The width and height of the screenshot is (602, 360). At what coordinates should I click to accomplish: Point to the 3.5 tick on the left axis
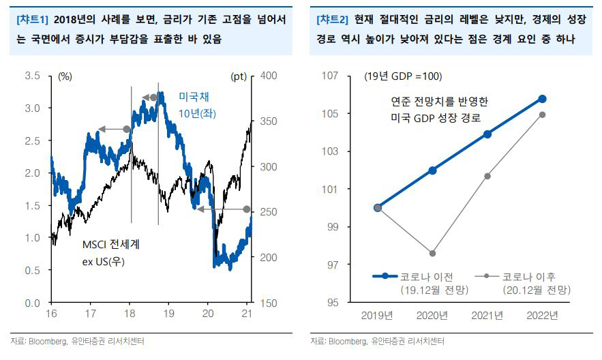32,76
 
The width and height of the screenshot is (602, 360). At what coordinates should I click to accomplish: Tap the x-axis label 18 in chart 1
130,314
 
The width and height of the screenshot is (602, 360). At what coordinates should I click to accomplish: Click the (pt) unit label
239,76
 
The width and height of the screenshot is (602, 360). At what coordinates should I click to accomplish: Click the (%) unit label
65,76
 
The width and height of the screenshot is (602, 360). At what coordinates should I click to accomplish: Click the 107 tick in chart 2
330,76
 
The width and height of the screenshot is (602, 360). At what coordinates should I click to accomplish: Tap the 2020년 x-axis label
433,315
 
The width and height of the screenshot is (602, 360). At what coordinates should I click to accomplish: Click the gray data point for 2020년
433,254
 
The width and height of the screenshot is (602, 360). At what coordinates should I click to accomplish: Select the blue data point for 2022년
543,99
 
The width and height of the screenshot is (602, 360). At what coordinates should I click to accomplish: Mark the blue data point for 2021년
487,134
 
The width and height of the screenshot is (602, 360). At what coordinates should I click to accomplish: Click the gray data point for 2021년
487,176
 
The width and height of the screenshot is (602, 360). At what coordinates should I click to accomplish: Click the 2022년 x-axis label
542,315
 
